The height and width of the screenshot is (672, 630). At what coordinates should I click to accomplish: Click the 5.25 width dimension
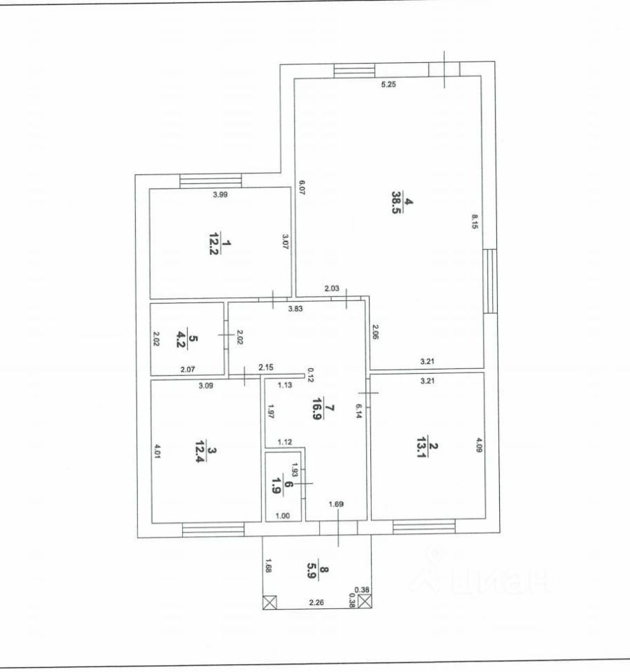[x=388, y=85]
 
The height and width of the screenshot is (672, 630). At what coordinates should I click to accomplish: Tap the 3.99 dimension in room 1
[x=220, y=195]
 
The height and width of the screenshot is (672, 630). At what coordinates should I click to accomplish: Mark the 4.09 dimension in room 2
[x=479, y=446]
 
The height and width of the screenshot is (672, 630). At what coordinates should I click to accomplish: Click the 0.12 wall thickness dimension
[x=310, y=374]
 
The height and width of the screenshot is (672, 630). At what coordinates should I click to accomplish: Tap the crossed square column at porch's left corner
[x=270, y=601]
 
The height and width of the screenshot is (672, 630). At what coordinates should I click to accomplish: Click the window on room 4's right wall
[x=490, y=281]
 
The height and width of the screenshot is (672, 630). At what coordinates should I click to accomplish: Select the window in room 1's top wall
[x=211, y=181]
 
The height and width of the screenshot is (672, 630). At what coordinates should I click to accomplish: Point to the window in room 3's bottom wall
[x=212, y=531]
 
